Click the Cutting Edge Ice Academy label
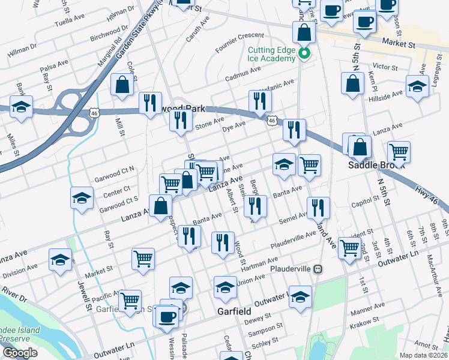(x=271, y=53)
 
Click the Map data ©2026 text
(x=424, y=355)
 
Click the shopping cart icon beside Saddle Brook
(x=399, y=152)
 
